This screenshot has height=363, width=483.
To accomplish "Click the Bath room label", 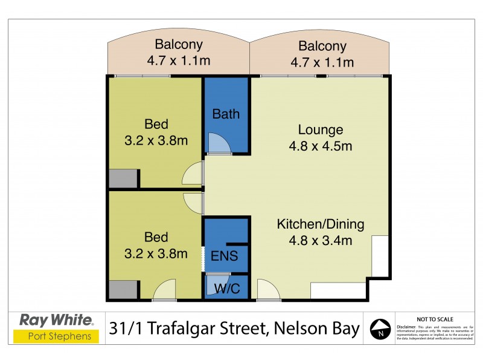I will click(x=226, y=114).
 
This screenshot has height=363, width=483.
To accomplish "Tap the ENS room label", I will click(x=224, y=255).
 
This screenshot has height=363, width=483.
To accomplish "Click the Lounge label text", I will click(x=321, y=129).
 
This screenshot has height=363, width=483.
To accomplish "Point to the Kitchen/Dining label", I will click(x=321, y=224).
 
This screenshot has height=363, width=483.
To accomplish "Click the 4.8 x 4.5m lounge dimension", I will click(x=321, y=146).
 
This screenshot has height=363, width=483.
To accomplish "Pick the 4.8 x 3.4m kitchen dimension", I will click(x=321, y=240).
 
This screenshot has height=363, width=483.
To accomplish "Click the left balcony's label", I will click(x=179, y=44).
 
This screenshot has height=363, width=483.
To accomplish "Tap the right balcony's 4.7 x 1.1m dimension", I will click(x=322, y=62).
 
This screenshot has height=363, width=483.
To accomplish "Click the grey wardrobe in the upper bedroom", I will click(x=123, y=179).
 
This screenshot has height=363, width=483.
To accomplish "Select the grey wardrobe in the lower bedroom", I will click(x=123, y=289).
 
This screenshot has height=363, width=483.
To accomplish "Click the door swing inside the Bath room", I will click(x=217, y=144).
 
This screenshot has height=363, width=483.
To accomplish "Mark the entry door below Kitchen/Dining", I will click(x=268, y=290).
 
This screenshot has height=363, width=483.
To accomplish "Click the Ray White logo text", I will click(x=57, y=319).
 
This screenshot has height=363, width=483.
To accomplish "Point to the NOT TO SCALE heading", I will click(x=436, y=318).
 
